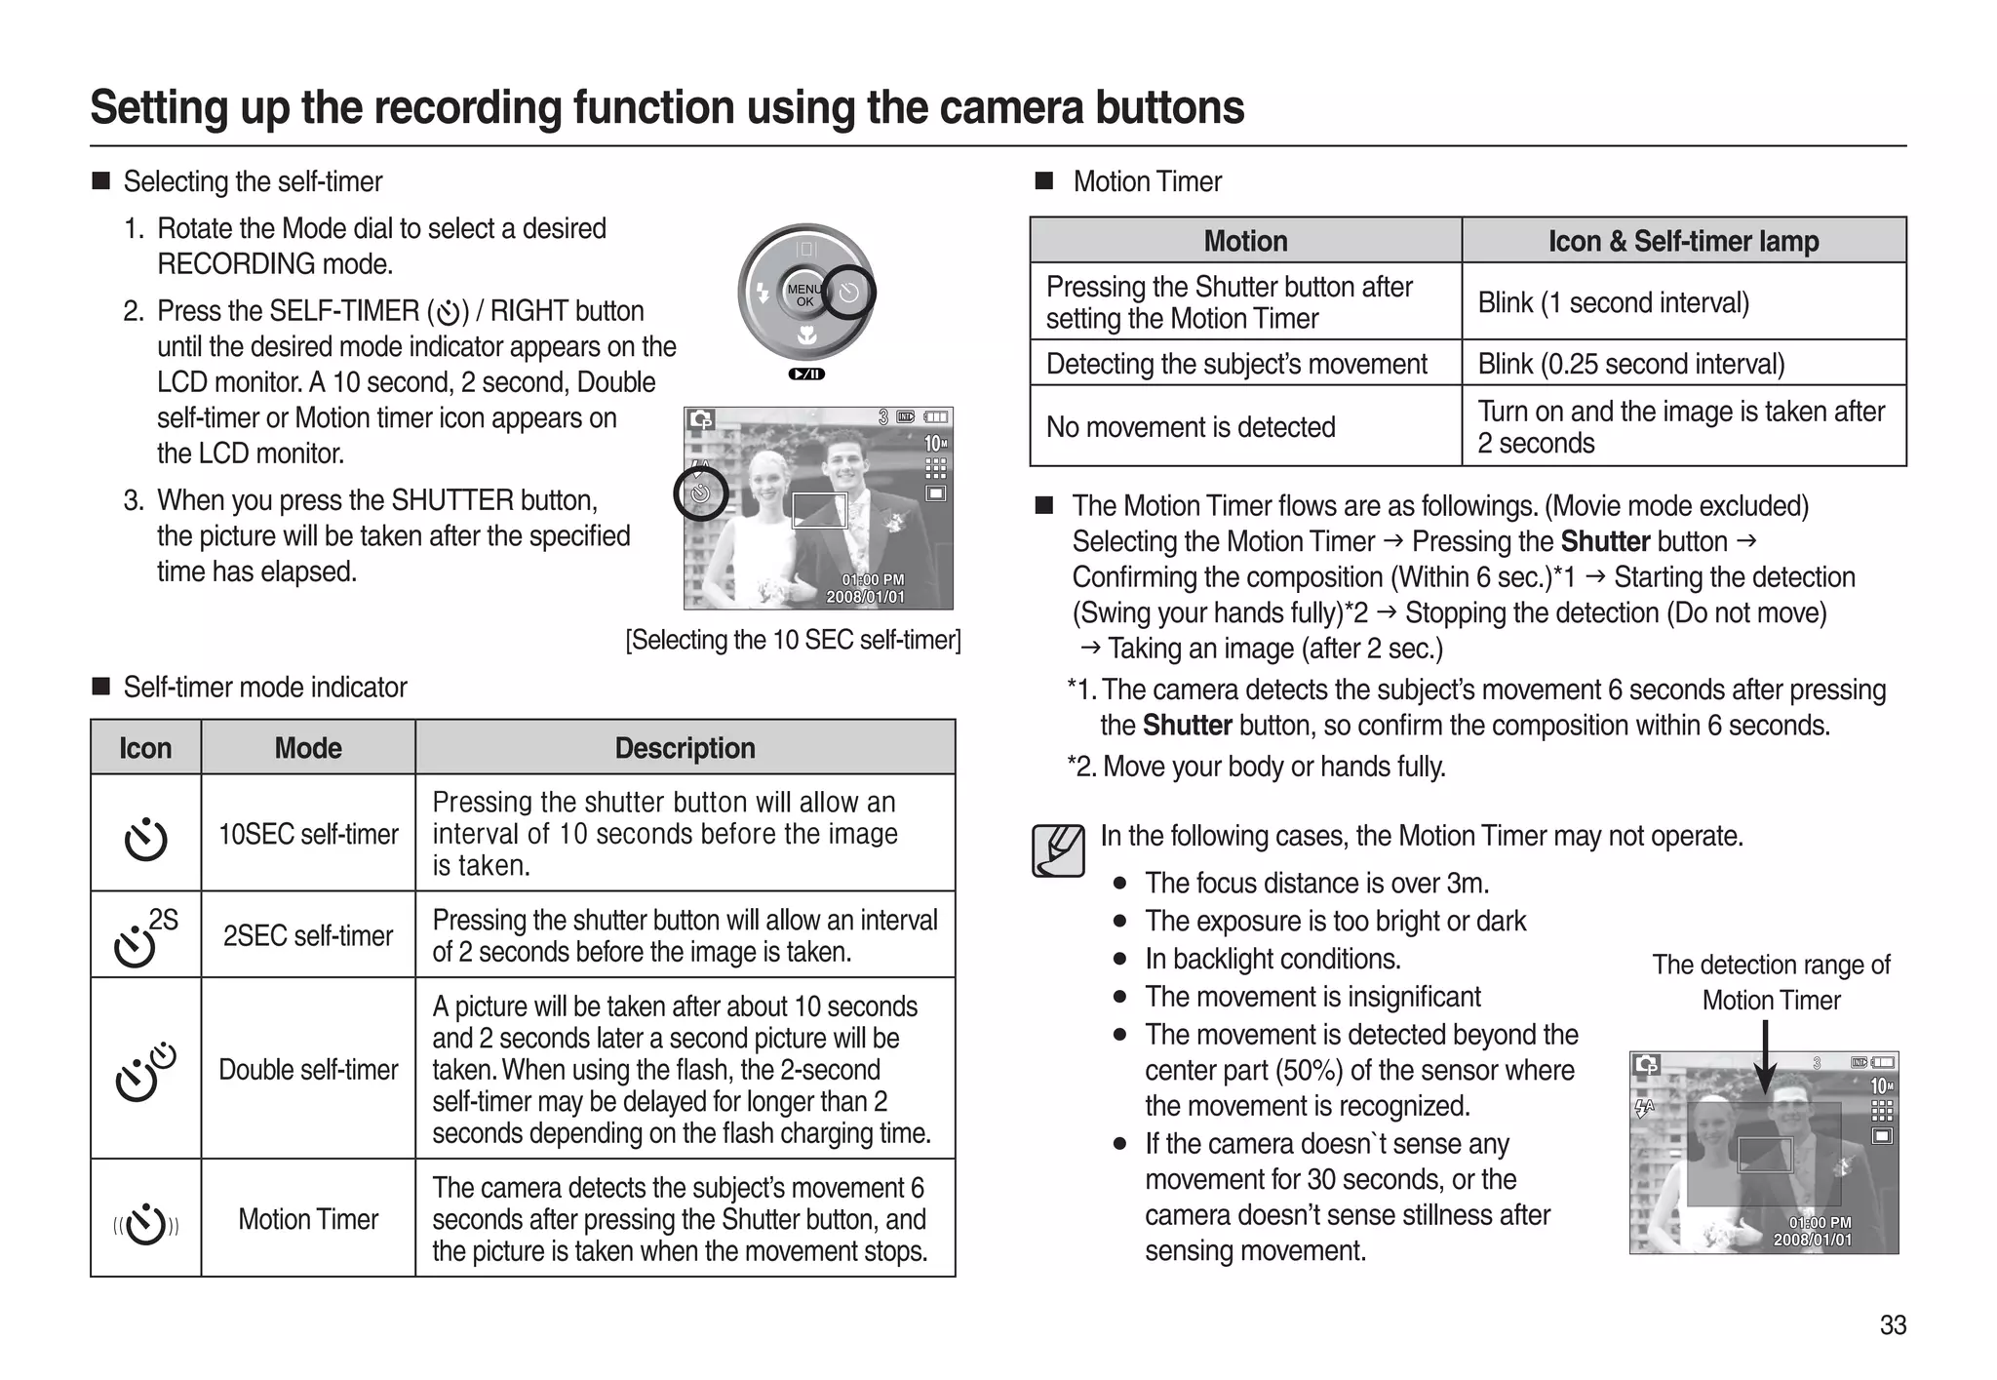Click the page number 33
(x=1893, y=1325)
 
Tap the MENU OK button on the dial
(x=804, y=295)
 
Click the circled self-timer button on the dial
(x=848, y=293)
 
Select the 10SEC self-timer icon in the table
(x=145, y=838)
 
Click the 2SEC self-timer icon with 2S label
(x=144, y=936)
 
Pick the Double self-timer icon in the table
(x=144, y=1071)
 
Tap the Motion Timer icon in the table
(x=145, y=1224)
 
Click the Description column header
(x=685, y=748)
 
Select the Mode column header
(x=307, y=748)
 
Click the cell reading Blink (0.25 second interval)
(x=1630, y=364)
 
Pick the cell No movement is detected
(x=1191, y=427)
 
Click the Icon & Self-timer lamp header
(x=1683, y=241)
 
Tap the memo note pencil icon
(x=1058, y=850)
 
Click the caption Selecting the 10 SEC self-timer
(x=793, y=640)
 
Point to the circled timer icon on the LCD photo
(x=700, y=493)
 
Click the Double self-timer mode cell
(x=307, y=1070)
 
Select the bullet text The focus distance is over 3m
(x=1316, y=884)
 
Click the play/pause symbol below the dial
(x=806, y=375)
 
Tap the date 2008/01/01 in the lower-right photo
(x=1812, y=1241)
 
